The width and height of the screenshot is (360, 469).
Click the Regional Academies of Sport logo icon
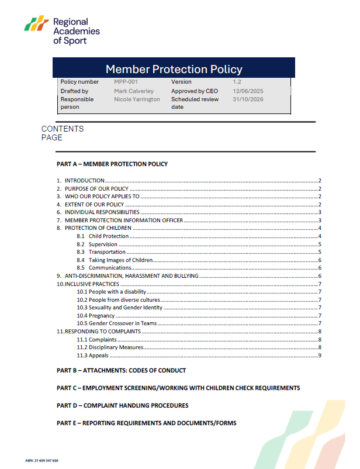click(x=37, y=25)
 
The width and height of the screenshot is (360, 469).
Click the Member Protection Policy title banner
click(x=174, y=69)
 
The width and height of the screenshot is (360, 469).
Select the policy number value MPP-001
click(x=126, y=82)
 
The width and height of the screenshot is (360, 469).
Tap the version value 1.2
click(x=237, y=82)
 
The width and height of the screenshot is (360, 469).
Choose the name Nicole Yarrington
click(x=137, y=99)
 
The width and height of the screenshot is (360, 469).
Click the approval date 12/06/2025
click(x=249, y=91)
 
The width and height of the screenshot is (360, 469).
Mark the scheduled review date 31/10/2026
click(x=249, y=99)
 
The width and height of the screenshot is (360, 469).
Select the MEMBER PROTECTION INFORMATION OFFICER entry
click(x=123, y=220)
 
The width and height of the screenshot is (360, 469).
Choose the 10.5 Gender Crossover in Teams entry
click(x=117, y=323)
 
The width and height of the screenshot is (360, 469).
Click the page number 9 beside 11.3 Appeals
click(x=320, y=355)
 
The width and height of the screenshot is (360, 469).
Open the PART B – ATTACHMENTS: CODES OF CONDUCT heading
click(x=121, y=370)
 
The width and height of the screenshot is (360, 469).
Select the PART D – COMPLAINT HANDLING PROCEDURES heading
click(x=122, y=405)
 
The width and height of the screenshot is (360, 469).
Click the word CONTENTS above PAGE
click(x=63, y=129)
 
